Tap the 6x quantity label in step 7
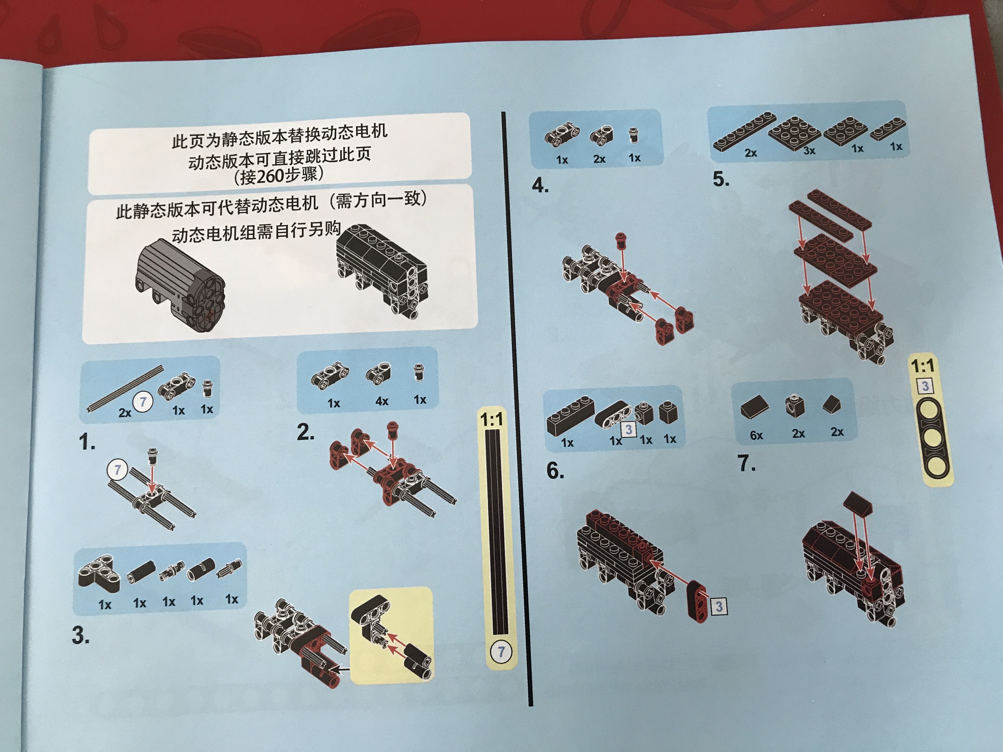click(756, 435)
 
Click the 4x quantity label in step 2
click(382, 401)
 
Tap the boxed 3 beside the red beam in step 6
click(719, 606)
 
